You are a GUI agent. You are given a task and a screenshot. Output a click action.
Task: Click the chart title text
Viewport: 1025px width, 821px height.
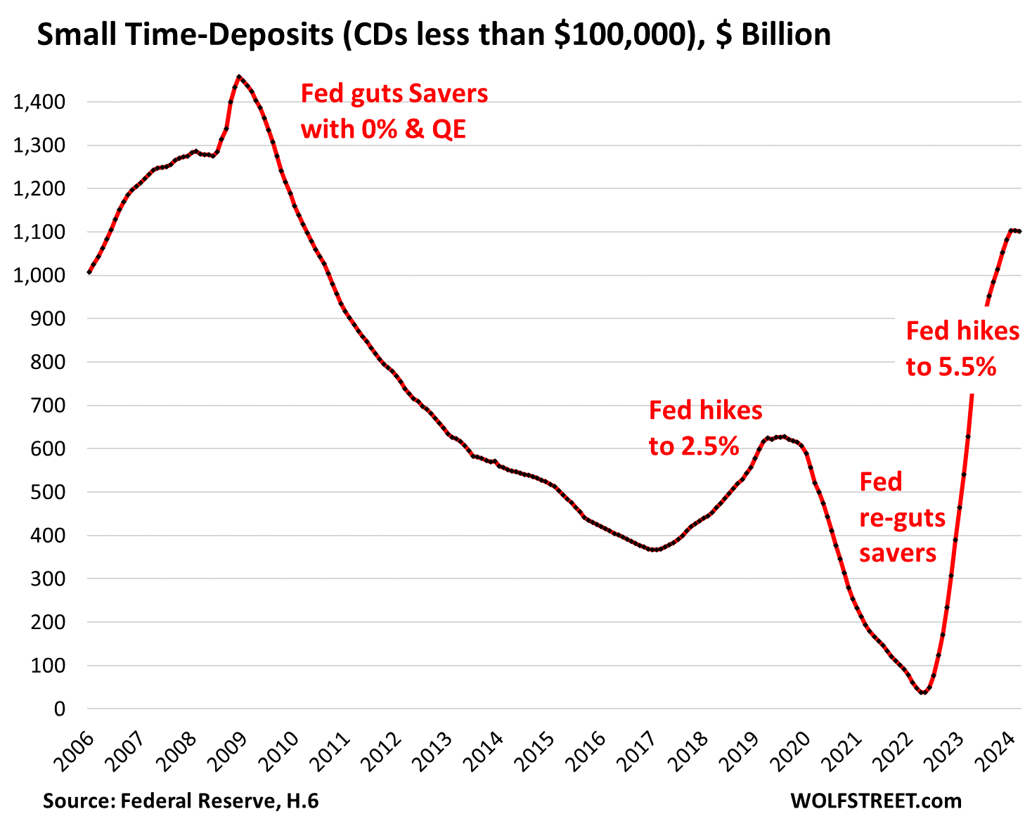point(433,34)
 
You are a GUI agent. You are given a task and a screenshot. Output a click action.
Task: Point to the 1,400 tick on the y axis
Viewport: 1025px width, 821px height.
point(39,103)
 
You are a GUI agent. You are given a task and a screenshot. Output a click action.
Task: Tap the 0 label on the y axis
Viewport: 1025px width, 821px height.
point(59,709)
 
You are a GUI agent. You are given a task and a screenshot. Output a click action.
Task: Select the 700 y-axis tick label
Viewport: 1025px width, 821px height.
point(49,406)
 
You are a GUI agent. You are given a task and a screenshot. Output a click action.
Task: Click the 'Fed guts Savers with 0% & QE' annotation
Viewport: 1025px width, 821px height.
point(394,111)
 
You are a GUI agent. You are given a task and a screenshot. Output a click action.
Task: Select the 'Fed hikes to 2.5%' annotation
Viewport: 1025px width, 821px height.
point(705,427)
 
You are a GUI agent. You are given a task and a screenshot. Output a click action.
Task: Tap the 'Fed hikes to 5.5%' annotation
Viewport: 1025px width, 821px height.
point(962,349)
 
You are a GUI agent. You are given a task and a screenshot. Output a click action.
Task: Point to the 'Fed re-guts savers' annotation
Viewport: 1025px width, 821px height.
point(902,517)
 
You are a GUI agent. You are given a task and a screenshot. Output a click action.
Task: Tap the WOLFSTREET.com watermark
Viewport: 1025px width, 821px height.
point(875,800)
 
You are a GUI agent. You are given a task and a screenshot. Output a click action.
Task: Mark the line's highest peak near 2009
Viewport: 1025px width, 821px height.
point(239,76)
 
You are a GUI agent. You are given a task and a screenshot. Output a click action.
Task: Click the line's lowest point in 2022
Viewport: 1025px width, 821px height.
point(923,692)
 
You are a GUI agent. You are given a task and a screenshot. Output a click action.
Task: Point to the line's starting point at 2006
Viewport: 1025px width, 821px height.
point(89,272)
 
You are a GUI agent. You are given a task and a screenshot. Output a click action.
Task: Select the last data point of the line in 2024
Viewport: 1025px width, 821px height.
point(1019,231)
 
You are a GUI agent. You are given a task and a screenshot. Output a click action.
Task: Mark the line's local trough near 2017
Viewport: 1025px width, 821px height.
point(654,550)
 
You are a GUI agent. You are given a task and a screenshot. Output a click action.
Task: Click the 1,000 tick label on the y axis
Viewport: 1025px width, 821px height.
point(39,276)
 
